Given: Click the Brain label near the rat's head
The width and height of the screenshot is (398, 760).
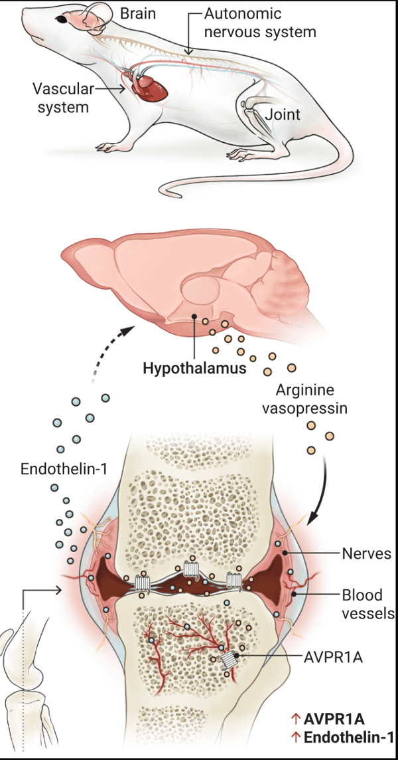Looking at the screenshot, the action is [x=138, y=13].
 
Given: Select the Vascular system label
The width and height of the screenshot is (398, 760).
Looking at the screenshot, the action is [x=60, y=97].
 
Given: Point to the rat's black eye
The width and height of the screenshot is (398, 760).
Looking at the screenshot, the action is [x=62, y=19].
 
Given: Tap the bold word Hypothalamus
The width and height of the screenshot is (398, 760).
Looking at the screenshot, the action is [x=194, y=368].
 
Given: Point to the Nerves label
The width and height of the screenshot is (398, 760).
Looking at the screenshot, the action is [x=367, y=553].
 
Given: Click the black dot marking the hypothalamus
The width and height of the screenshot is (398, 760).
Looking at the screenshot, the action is [x=193, y=316].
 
